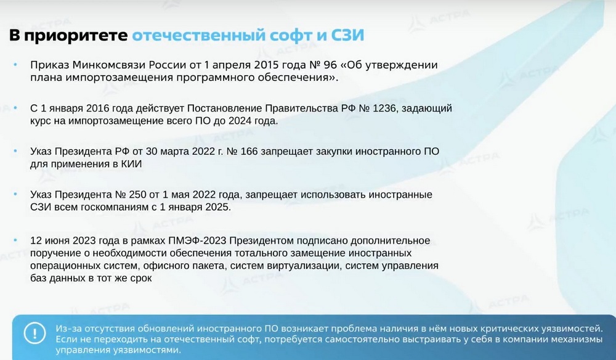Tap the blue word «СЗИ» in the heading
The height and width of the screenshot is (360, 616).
tap(347, 35)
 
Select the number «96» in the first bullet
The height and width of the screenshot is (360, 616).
tap(330, 65)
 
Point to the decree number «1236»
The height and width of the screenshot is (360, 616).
tap(384, 108)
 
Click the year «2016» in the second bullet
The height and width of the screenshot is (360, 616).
tap(97, 108)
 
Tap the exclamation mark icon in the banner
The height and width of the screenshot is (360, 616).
tap(34, 333)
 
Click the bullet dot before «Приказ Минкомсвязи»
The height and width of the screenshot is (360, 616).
tap(15, 64)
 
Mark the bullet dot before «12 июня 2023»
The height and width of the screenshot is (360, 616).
tap(15, 240)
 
